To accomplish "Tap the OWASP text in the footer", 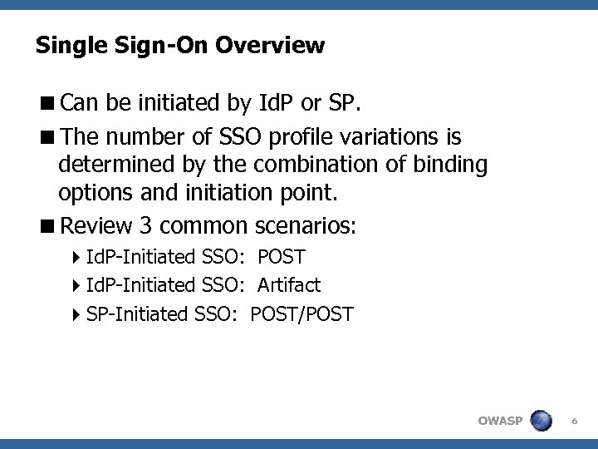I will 500,421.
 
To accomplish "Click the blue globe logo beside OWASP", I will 541,421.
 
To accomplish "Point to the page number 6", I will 574,422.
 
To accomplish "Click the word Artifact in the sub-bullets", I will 288,285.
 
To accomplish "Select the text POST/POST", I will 301,314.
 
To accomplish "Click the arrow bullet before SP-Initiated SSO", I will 76,314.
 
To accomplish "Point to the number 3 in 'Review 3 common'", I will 146,225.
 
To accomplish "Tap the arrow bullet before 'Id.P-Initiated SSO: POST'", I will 76,258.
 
